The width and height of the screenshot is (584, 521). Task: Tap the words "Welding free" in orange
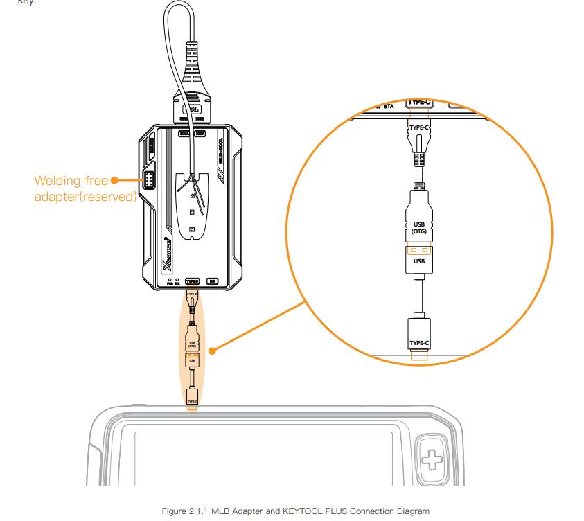tap(71, 182)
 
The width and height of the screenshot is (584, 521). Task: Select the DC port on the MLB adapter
tap(213, 281)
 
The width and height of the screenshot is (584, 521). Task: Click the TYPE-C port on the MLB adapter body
tap(192, 281)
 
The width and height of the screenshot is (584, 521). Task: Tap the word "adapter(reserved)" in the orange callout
tap(84, 195)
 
